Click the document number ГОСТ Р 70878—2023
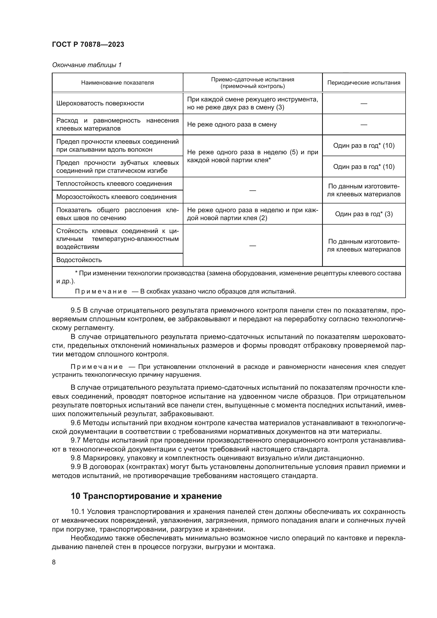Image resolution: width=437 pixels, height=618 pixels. tap(88, 44)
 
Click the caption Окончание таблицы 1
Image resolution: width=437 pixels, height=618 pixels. tap(87, 65)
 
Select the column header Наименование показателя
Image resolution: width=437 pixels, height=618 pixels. tap(117, 83)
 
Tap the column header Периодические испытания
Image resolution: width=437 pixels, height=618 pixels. tap(364, 83)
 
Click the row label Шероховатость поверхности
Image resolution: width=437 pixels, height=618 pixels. tap(100, 103)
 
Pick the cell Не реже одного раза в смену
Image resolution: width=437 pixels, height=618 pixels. tap(232, 124)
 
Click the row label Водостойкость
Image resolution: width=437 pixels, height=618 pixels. tap(79, 260)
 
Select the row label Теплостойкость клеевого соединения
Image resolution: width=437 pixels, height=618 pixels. tap(114, 184)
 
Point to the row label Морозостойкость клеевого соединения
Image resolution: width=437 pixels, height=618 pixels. tap(116, 197)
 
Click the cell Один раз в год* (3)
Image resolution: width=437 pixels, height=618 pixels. tap(364, 214)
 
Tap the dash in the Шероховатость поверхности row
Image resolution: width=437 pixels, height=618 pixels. tap(364, 103)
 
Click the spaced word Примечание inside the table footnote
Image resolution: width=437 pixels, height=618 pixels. tap(101, 291)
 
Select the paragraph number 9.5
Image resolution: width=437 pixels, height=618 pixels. tap(76, 310)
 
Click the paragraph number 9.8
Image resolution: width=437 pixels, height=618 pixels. tap(76, 458)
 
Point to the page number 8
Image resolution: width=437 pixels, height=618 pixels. tap(54, 562)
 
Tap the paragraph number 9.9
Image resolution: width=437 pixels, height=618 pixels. tap(76, 467)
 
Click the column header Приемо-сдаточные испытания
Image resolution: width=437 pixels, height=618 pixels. tap(252, 80)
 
